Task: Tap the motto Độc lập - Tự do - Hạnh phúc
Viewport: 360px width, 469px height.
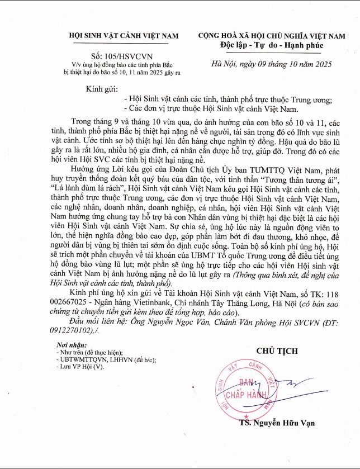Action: coord(273,45)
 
